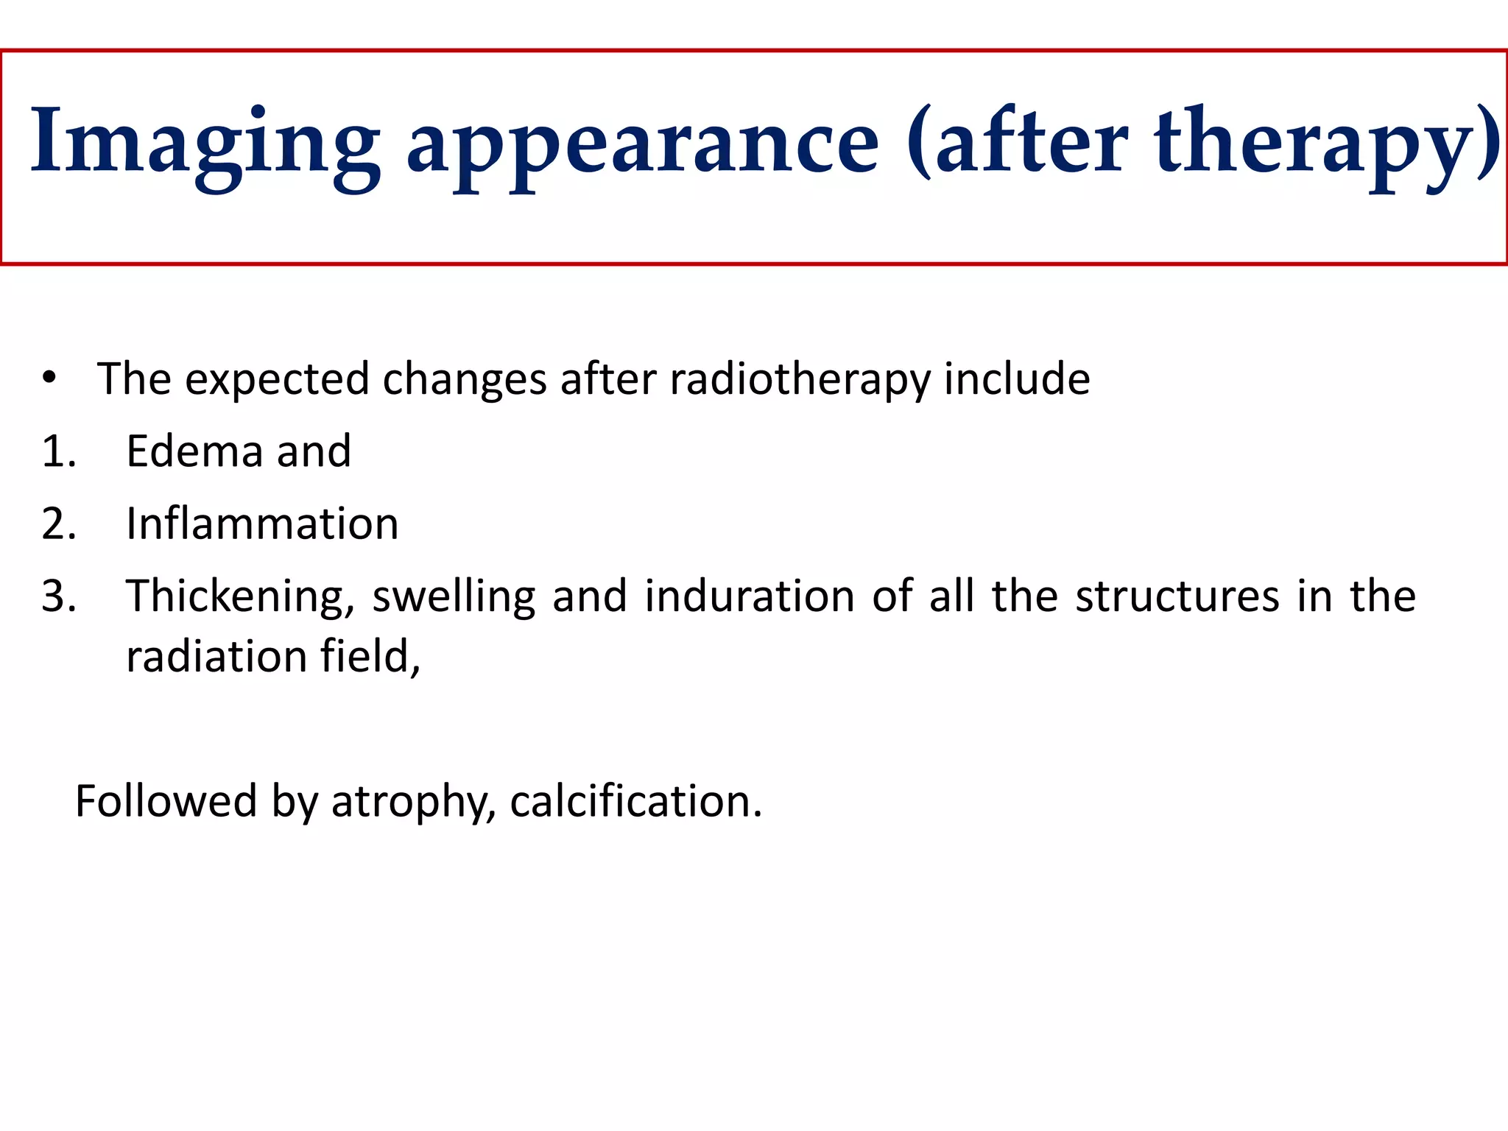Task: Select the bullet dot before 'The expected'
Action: point(49,378)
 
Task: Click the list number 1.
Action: point(58,451)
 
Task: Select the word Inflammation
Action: point(262,524)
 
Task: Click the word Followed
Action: point(166,801)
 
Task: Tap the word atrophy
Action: point(412,803)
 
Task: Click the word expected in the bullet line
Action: point(277,380)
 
